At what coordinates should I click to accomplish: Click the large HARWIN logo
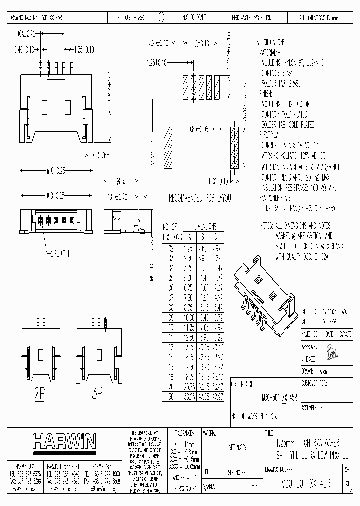pyautogui.click(x=64, y=442)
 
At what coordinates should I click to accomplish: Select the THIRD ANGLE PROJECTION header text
pyautogui.click(x=250, y=17)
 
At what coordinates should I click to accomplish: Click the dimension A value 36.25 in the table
pyautogui.click(x=189, y=396)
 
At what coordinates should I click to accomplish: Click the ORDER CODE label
pyautogui.click(x=244, y=384)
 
